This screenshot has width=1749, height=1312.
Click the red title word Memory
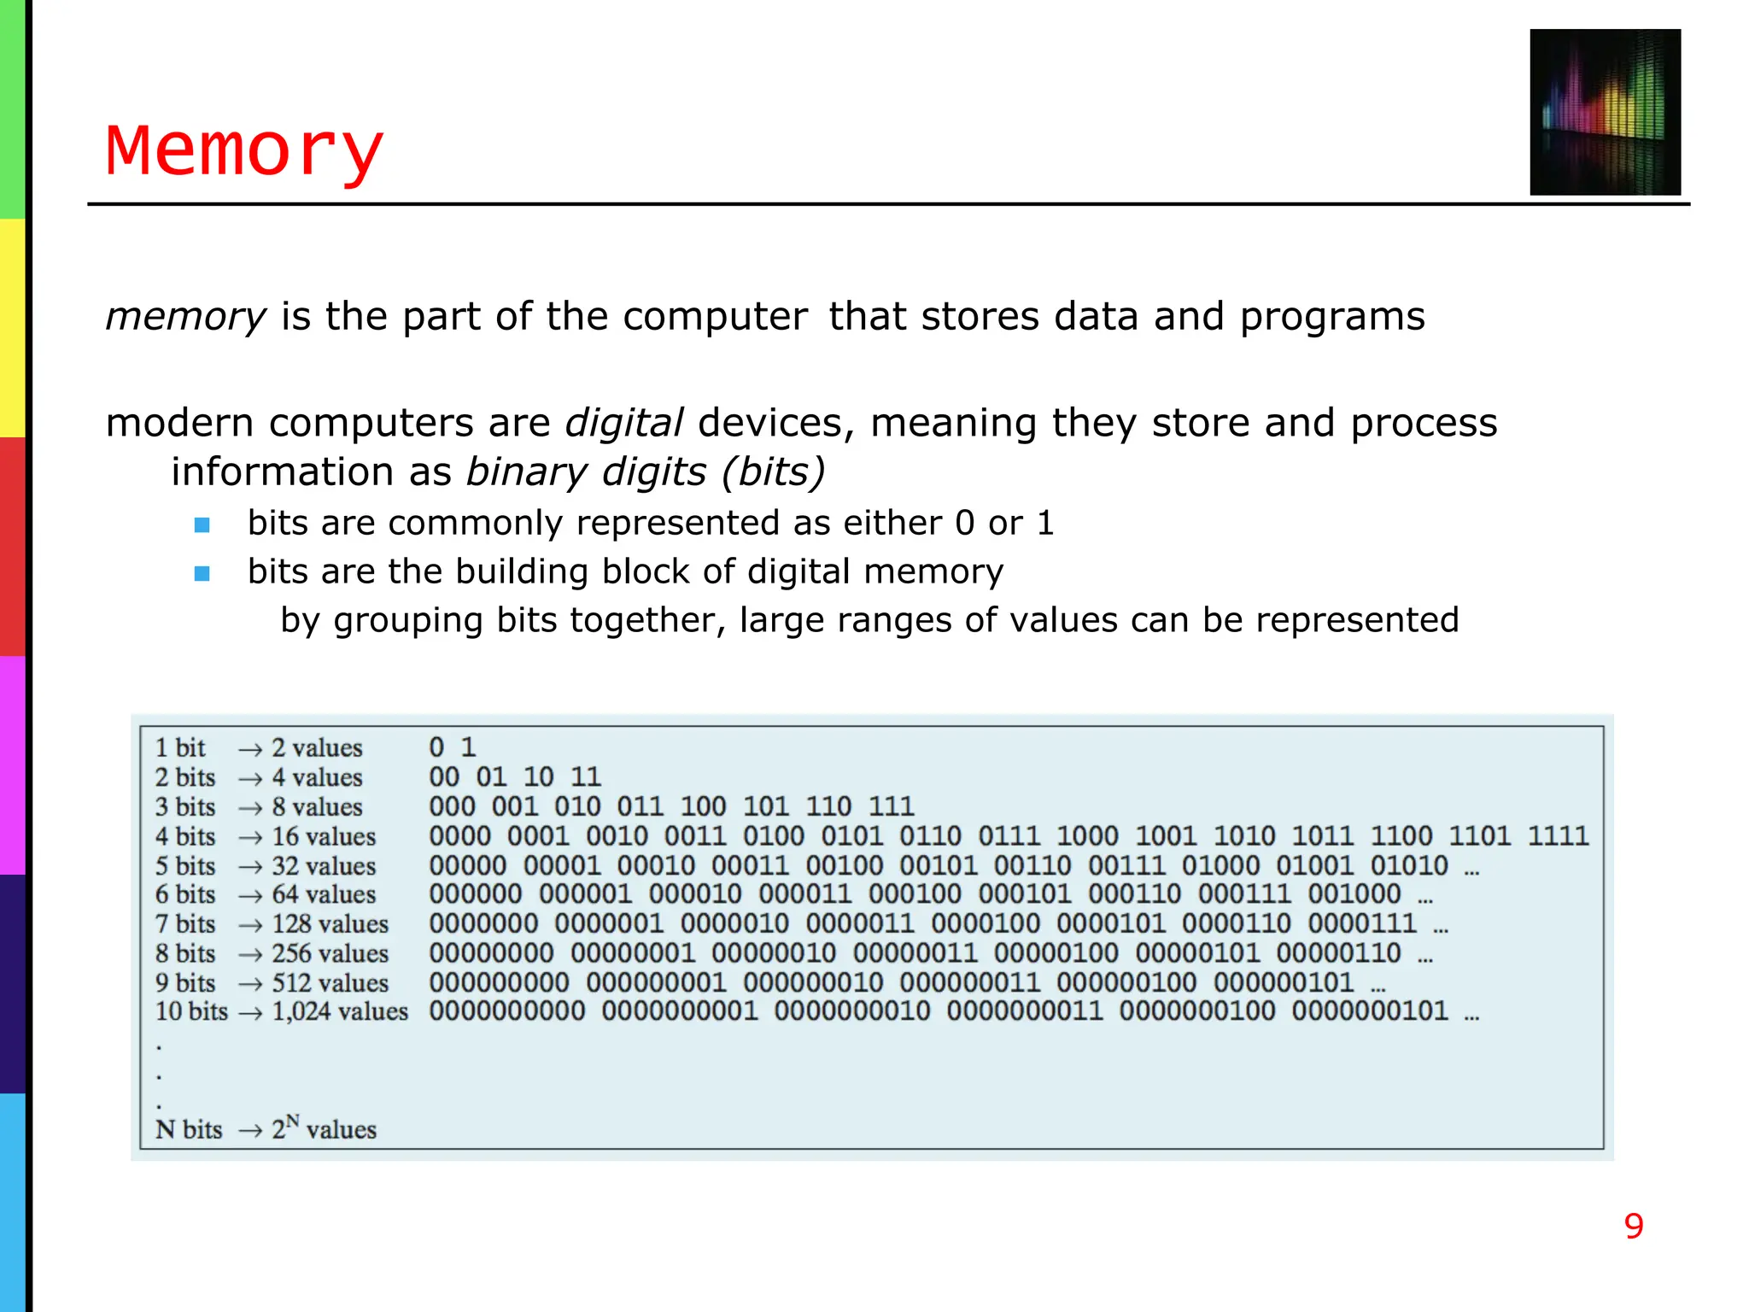click(244, 150)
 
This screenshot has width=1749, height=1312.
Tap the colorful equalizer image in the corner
click(1605, 112)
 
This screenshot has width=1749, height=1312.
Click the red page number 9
click(1633, 1227)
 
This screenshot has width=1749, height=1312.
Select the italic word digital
click(624, 423)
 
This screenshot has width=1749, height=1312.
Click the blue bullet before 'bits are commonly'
click(202, 524)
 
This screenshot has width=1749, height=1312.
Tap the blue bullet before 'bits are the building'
click(202, 573)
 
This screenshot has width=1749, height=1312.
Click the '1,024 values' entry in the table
click(340, 1011)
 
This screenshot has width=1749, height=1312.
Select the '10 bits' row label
click(191, 1011)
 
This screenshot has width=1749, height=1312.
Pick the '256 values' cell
click(330, 953)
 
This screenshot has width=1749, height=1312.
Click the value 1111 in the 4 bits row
click(1558, 835)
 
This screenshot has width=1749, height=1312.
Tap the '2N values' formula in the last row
click(324, 1128)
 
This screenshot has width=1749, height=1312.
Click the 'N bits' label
click(189, 1129)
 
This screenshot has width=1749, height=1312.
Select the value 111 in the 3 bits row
click(892, 806)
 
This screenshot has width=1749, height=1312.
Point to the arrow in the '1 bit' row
click(250, 749)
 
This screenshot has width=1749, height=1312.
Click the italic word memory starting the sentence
click(186, 317)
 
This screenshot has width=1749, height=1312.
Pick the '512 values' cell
click(330, 982)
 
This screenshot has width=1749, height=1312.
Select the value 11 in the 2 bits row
click(586, 776)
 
